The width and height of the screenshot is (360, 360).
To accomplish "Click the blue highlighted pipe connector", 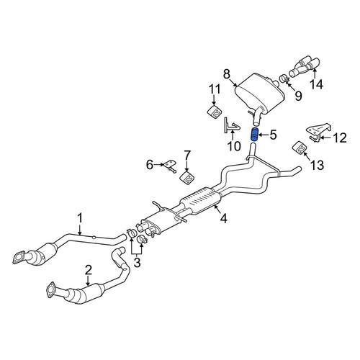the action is [254, 135].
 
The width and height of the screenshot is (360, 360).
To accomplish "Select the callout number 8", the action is [227, 74].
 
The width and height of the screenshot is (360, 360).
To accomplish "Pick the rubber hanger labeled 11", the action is [215, 111].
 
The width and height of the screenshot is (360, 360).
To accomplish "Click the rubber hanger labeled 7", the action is [187, 178].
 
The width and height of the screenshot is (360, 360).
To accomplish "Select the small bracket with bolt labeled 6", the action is [170, 166].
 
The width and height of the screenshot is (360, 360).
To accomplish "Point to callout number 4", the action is [223, 218].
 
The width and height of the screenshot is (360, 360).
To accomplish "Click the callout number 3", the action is [137, 263].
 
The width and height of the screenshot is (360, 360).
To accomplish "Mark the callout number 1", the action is [80, 218].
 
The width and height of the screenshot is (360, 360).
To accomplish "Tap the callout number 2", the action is [89, 270].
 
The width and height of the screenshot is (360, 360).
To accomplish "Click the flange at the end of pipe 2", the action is [50, 290].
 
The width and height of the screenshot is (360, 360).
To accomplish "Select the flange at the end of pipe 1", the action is [19, 258].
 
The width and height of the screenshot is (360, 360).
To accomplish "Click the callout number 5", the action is [273, 135].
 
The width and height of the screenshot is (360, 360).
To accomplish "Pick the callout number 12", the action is [340, 138].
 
